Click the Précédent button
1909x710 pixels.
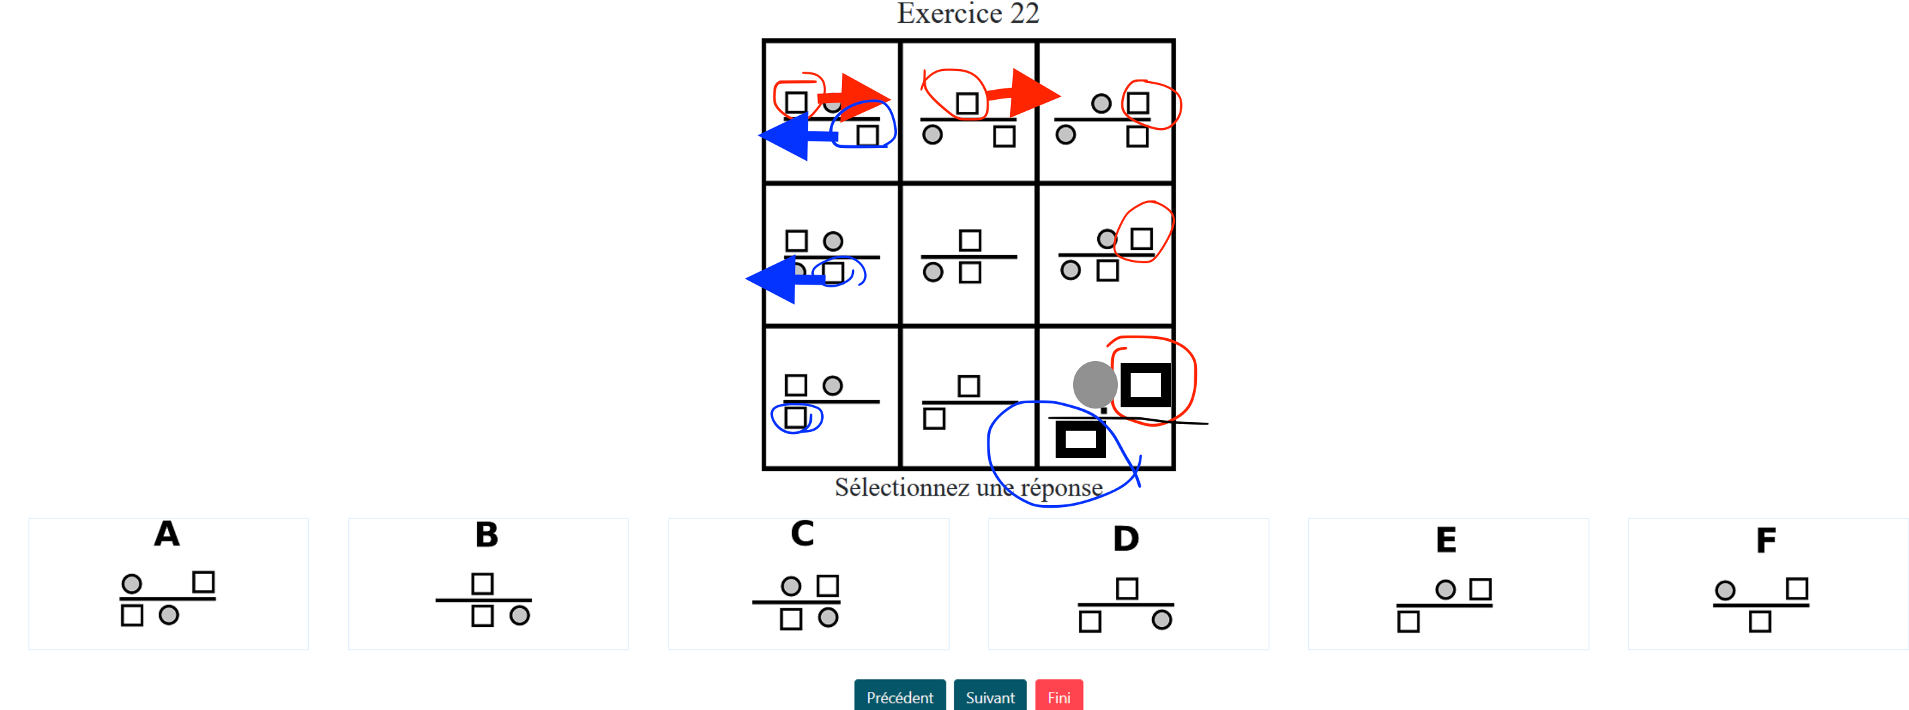point(899,697)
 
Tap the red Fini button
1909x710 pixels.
point(1058,697)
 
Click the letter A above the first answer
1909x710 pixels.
point(167,534)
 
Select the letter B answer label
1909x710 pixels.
point(486,535)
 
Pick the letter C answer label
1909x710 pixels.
point(802,534)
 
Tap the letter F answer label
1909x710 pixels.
point(1766,541)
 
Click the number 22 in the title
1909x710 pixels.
point(1025,13)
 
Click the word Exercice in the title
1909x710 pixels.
point(949,13)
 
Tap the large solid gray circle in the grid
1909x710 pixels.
point(1094,384)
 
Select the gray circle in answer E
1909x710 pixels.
point(1445,590)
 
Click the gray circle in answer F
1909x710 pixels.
point(1725,591)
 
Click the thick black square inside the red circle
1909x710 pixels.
point(1145,385)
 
